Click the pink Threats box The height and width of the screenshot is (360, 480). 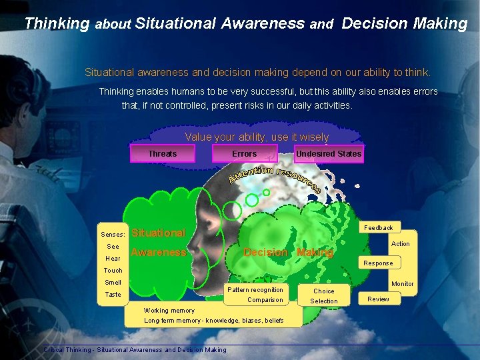tap(162, 154)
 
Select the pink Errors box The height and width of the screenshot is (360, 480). tap(244, 154)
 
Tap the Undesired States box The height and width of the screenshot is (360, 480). tap(329, 154)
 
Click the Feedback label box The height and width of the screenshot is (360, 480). tap(378, 228)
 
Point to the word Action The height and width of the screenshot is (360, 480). tap(400, 244)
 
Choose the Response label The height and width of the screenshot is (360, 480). tap(378, 263)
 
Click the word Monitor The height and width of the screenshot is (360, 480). tap(402, 284)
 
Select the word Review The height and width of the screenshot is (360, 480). tap(378, 299)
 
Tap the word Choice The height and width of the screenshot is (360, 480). tap(324, 291)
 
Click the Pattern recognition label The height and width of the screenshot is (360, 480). tap(255, 290)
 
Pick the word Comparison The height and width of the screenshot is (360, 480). tap(265, 300)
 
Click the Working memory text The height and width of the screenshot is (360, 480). tap(169, 311)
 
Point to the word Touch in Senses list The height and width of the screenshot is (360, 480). tap(113, 271)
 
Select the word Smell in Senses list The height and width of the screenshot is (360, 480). tap(113, 283)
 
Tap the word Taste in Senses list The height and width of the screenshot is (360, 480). tap(113, 295)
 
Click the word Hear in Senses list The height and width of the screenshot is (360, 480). tap(113, 259)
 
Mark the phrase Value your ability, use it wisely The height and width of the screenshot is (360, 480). tap(257, 137)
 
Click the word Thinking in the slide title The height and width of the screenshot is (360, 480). tap(57, 24)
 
